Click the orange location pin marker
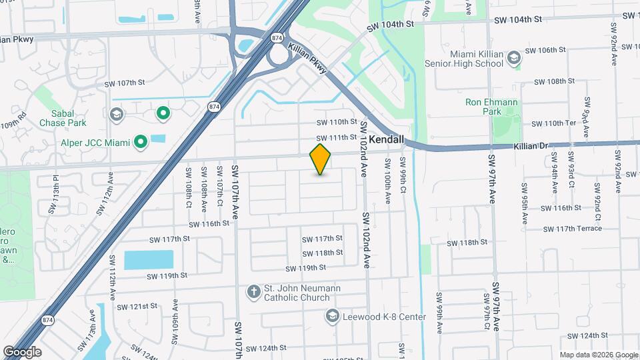coord(321,159)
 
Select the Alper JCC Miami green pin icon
coord(140,141)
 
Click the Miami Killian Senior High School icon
coord(514,59)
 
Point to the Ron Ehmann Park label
coord(493,107)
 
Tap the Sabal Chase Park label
coord(63,119)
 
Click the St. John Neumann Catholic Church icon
coord(253,291)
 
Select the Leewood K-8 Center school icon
coord(332,316)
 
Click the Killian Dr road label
coord(531,145)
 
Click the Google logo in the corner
coord(22,351)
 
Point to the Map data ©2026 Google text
coord(598,355)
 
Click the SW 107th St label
coord(124,83)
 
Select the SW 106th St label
coord(545,50)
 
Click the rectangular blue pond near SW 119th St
coord(148,260)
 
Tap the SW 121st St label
coord(137,306)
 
